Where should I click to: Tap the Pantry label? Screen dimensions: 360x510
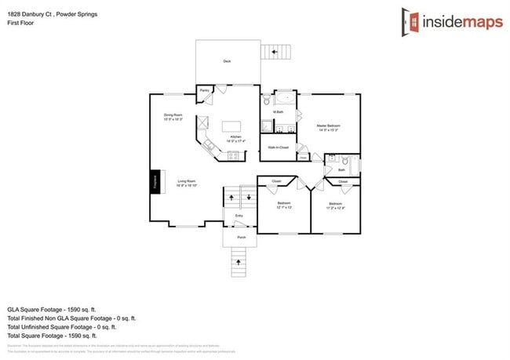click(x=203, y=90)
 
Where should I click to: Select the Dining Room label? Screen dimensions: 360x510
click(x=173, y=117)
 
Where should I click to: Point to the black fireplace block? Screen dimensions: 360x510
click(x=156, y=182)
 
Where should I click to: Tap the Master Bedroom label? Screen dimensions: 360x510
click(x=328, y=126)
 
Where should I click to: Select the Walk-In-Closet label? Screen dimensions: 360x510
click(x=279, y=147)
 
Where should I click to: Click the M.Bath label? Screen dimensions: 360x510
click(x=278, y=112)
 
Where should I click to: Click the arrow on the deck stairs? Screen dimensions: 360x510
click(x=275, y=53)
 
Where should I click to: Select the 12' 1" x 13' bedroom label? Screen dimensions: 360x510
click(x=284, y=205)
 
